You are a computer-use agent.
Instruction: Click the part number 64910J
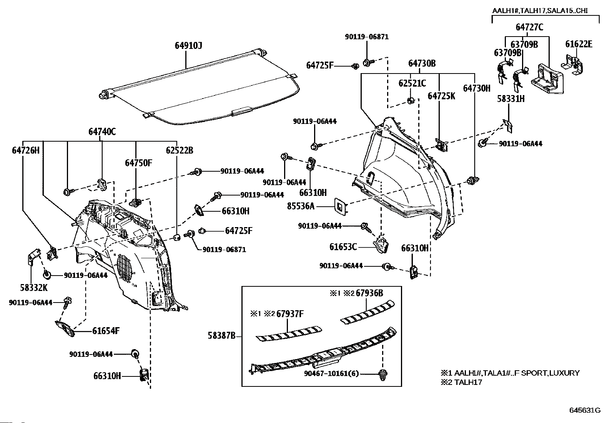[188, 46]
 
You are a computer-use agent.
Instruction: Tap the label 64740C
[102, 132]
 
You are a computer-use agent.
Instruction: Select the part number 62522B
[180, 150]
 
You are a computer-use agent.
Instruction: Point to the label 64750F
[138, 163]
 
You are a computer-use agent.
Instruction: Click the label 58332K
[34, 287]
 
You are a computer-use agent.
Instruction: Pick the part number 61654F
[106, 331]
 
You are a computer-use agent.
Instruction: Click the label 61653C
[343, 247]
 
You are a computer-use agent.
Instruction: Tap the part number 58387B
[221, 336]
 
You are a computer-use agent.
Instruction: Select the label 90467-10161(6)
[331, 373]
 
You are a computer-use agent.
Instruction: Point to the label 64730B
[422, 64]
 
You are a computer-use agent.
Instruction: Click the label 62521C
[412, 83]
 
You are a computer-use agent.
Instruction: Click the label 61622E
[579, 44]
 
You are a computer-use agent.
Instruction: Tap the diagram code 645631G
[585, 410]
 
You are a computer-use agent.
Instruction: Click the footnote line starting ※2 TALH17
[461, 382]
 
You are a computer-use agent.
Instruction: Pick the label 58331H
[511, 99]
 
